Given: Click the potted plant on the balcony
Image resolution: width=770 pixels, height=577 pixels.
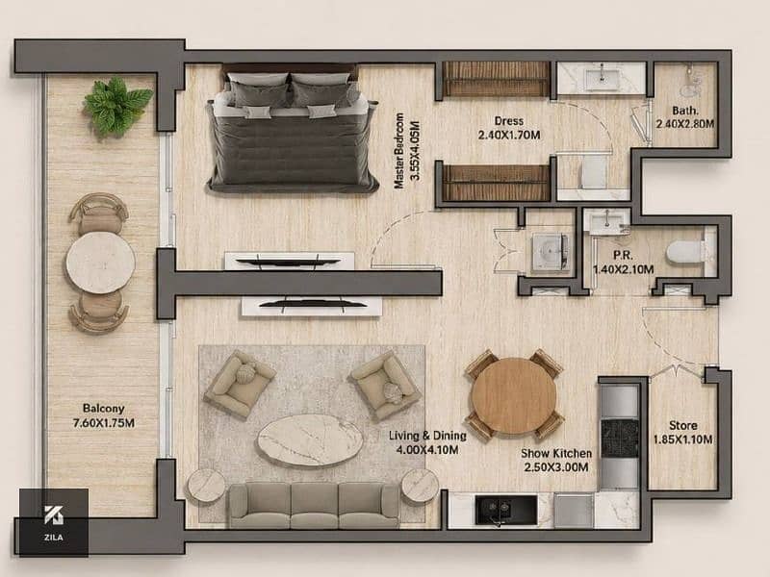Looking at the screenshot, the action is click(x=117, y=106).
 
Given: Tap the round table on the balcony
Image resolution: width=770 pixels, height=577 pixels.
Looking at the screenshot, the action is click(x=101, y=263).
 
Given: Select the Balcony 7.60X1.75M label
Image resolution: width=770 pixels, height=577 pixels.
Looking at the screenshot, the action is click(x=104, y=415).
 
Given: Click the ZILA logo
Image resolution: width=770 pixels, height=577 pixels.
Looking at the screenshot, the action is click(x=54, y=522).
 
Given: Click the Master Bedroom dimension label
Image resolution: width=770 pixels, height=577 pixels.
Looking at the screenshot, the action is click(x=407, y=150).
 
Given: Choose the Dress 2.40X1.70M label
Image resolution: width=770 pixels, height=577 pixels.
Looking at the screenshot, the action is click(x=509, y=128).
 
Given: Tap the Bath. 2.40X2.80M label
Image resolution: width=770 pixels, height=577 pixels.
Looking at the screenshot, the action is click(x=685, y=117).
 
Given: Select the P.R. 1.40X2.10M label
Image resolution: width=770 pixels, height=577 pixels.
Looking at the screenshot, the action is click(x=623, y=263).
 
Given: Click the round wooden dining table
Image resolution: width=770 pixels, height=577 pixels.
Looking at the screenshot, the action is click(x=514, y=396).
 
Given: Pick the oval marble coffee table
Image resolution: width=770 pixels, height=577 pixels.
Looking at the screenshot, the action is click(x=310, y=440).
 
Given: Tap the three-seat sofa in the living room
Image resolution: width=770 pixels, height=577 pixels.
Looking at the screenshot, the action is click(x=315, y=506).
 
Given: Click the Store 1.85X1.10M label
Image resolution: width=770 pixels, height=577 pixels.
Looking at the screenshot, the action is click(x=683, y=432).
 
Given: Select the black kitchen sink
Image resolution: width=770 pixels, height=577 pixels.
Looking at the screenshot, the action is click(x=506, y=511).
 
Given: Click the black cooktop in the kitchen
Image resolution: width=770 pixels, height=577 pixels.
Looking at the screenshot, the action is click(x=620, y=439).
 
